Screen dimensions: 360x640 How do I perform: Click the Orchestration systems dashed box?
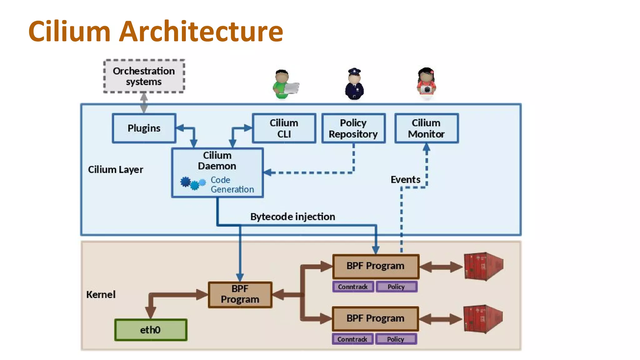click(144, 76)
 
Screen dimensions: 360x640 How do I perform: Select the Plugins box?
click(144, 128)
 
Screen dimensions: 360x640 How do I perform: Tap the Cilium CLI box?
click(284, 128)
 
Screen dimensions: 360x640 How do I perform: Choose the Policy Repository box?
click(353, 128)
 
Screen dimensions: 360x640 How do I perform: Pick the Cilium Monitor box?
click(426, 128)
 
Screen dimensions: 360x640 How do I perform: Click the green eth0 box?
click(151, 330)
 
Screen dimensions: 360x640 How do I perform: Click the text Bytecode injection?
click(292, 217)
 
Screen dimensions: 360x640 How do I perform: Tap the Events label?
click(405, 179)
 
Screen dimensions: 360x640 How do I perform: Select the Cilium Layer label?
click(115, 169)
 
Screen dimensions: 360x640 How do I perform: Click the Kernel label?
click(101, 294)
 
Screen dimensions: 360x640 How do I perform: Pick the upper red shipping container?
click(483, 266)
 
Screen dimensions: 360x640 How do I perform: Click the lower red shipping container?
click(482, 319)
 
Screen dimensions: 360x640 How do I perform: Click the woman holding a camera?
click(426, 84)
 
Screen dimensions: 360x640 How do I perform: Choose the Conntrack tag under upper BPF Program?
click(353, 287)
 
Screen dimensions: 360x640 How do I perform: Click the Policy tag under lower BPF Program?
click(396, 339)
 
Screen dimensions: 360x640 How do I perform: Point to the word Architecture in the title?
click(201, 31)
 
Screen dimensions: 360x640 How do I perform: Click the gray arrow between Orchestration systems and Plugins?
click(144, 103)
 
